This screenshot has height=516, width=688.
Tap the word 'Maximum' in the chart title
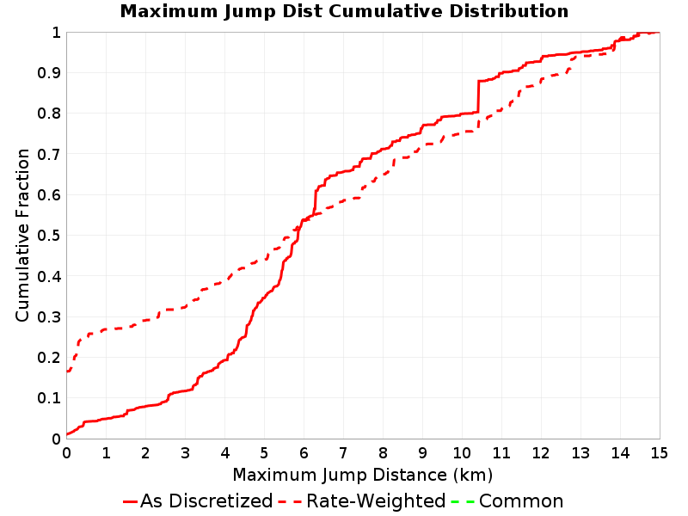tap(169, 11)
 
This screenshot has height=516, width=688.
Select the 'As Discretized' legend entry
tap(198, 501)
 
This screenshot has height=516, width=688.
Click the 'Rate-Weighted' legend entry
tap(362, 501)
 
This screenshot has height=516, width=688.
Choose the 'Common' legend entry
tap(507, 501)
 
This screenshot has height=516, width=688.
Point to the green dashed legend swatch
tap(463, 501)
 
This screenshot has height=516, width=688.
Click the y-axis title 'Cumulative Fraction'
tap(22, 235)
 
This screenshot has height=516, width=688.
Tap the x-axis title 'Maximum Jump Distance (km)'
tap(363, 475)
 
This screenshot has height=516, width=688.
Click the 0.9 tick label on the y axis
tap(49, 73)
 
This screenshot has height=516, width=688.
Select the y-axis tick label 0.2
tap(49, 358)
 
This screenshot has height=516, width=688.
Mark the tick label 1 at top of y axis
tap(56, 33)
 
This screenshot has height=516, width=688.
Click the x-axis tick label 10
tap(462, 453)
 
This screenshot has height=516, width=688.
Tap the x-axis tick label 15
tap(659, 453)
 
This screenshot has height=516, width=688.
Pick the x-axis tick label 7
tap(343, 453)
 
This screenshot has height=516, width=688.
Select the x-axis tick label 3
tap(185, 453)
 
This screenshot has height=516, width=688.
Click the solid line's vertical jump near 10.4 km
tap(478, 96)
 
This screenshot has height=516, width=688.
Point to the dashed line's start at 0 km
tap(67, 372)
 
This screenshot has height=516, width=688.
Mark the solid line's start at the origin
tap(67, 434)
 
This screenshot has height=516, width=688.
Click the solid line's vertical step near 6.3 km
tap(315, 201)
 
